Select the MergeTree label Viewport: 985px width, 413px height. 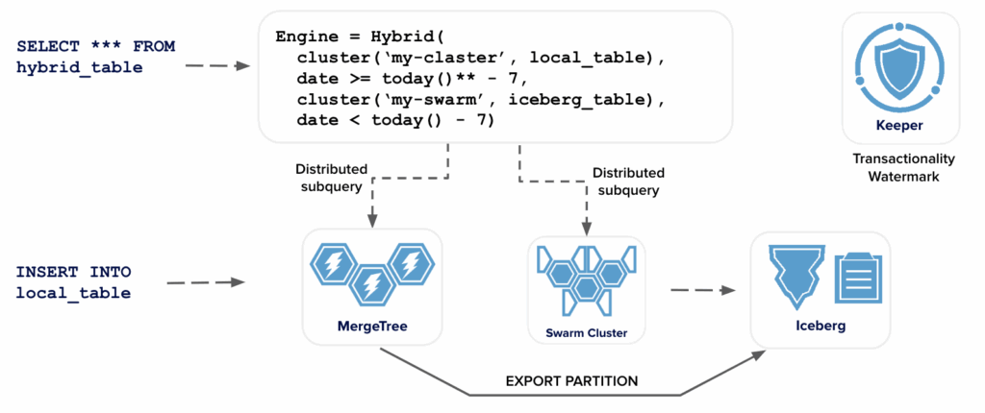point(373,327)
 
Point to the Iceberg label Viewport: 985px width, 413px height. point(821,327)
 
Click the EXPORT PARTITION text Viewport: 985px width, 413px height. point(571,381)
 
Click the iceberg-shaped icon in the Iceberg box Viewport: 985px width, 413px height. point(795,273)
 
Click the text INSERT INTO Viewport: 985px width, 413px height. point(73,272)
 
